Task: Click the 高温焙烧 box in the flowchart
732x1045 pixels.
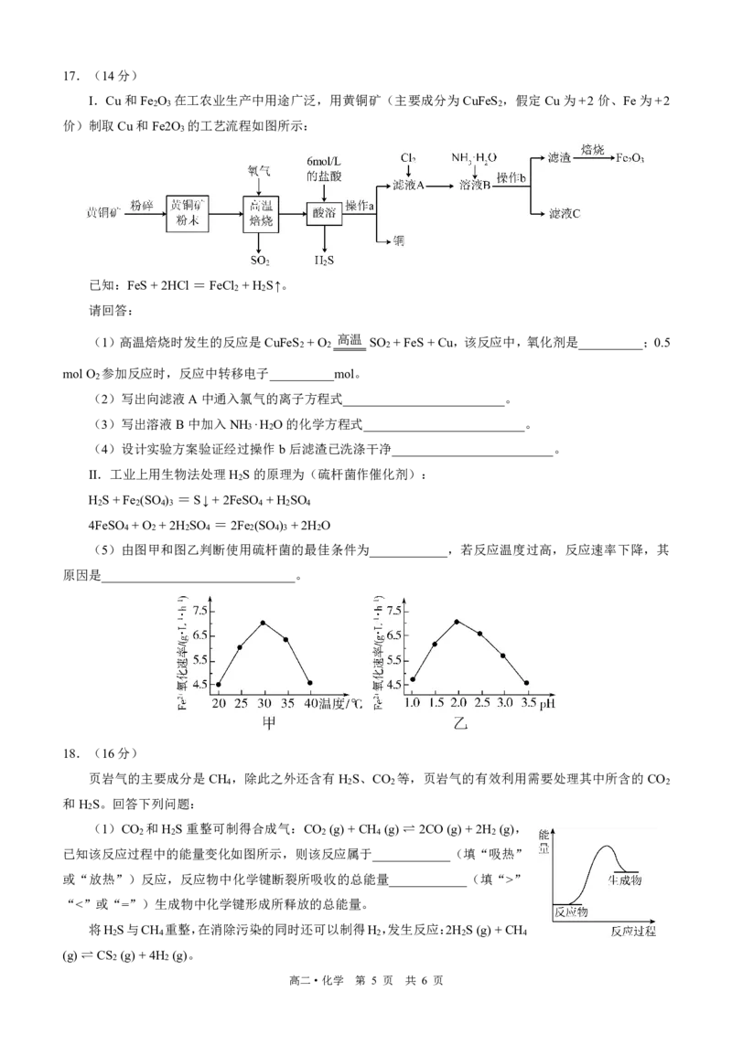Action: [261, 214]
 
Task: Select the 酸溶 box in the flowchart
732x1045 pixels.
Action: [324, 213]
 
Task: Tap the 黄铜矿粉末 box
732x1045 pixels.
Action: [188, 213]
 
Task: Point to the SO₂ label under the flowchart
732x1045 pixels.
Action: [260, 261]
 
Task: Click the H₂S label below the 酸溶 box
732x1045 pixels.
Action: [324, 261]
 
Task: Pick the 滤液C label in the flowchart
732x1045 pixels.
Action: [565, 214]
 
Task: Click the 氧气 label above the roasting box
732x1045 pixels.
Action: [259, 171]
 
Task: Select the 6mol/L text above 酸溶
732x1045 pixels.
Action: [324, 161]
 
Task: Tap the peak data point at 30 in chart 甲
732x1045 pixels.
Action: [263, 623]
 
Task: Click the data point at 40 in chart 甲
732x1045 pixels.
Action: [310, 682]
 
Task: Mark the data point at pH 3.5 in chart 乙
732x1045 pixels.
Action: [527, 682]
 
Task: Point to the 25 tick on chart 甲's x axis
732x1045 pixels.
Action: [241, 703]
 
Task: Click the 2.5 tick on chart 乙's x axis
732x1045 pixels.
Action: [482, 702]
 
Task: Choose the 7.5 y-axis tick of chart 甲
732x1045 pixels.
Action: [200, 611]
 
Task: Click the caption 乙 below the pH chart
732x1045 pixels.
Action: [460, 723]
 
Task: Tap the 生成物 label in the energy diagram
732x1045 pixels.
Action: [625, 880]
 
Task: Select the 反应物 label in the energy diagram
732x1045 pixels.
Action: [571, 912]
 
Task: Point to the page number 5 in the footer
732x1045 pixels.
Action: [374, 980]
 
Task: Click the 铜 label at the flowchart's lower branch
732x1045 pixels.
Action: [398, 240]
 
